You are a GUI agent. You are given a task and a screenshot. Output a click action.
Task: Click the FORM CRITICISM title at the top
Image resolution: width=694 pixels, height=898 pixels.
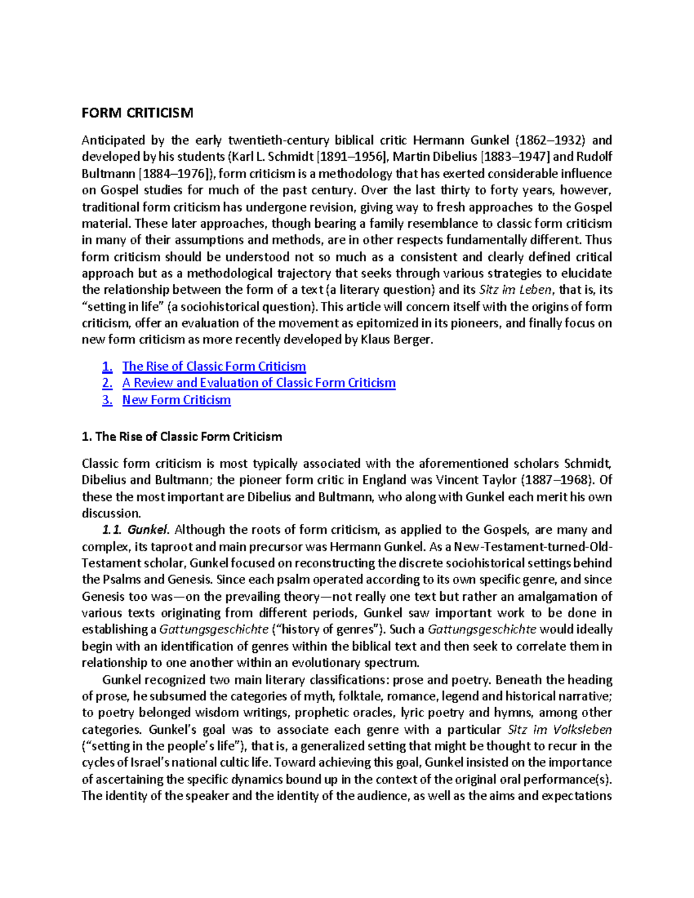137,113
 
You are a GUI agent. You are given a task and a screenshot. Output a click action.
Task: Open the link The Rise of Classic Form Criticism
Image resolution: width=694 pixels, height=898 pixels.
213,366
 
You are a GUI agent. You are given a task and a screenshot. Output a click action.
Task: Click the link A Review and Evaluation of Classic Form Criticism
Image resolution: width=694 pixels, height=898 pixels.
259,383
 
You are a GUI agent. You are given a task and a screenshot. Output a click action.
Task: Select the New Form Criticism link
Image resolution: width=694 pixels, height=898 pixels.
176,400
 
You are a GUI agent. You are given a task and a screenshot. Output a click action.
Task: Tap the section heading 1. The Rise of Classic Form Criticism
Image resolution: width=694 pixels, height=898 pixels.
182,437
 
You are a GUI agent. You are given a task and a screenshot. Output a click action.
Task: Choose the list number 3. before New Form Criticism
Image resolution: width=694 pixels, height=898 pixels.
107,400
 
